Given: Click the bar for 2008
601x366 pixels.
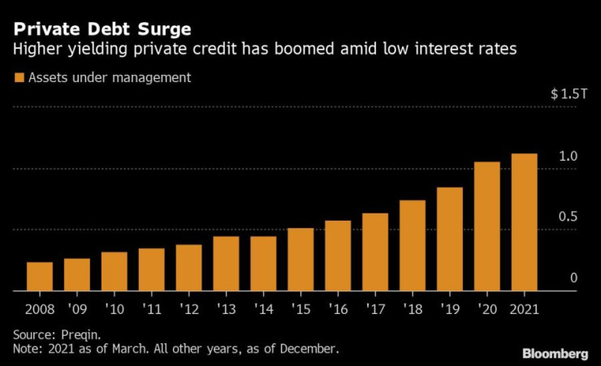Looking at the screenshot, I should (40, 276).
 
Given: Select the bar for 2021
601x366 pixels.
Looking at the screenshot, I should (525, 222).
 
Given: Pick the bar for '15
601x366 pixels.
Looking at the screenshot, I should (300, 259).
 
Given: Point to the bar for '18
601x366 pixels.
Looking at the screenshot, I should (413, 245).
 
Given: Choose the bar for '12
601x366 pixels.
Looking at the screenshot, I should (188, 267).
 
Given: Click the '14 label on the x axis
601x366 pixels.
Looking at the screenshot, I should (263, 308).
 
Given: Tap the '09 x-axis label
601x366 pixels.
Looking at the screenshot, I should (77, 308).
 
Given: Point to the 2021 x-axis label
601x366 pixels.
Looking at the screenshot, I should (525, 308).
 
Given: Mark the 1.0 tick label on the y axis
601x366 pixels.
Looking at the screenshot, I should (568, 156).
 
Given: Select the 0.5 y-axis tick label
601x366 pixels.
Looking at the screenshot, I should (568, 217).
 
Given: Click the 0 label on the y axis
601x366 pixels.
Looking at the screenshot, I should (573, 278).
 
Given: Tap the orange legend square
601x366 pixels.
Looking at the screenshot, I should (18, 79).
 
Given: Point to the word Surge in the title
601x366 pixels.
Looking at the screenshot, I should (165, 30).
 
